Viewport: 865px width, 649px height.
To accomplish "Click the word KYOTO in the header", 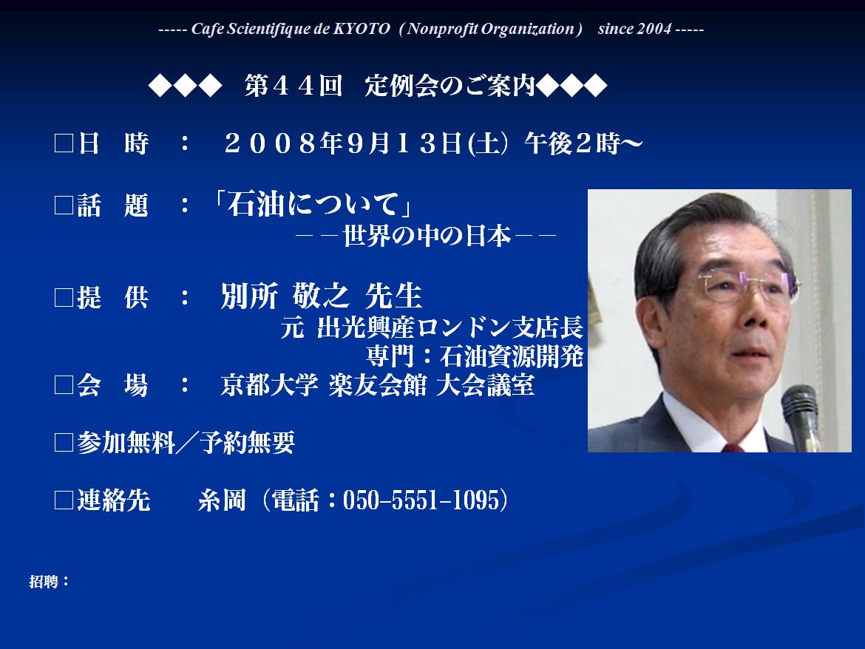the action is pyautogui.click(x=362, y=29).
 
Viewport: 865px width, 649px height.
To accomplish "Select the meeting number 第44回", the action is pyautogui.click(x=294, y=86).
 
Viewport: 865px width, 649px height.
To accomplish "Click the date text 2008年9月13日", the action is pyautogui.click(x=342, y=143).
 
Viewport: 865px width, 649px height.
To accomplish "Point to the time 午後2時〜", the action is pyautogui.click(x=583, y=143).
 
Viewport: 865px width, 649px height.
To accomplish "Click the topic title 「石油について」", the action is pyautogui.click(x=313, y=205).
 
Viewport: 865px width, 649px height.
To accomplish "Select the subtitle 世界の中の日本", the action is pyautogui.click(x=427, y=236).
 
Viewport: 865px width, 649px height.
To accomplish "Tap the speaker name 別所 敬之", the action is pyautogui.click(x=285, y=296).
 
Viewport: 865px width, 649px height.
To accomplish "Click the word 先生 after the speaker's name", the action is pyautogui.click(x=394, y=296).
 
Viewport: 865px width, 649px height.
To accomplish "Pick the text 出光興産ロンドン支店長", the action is pyautogui.click(x=450, y=327).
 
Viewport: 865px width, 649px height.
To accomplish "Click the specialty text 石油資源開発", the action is pyautogui.click(x=512, y=356).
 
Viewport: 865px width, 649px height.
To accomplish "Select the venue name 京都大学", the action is pyautogui.click(x=269, y=385).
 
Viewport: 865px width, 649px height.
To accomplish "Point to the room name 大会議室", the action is pyautogui.click(x=486, y=385).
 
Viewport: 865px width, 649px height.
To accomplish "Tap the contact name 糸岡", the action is pyautogui.click(x=222, y=500).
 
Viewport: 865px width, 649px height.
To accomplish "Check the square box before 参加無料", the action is pyautogui.click(x=64, y=443).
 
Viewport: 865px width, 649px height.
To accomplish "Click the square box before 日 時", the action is pyautogui.click(x=64, y=143).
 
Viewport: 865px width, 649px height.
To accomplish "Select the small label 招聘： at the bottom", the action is pyautogui.click(x=49, y=582).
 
